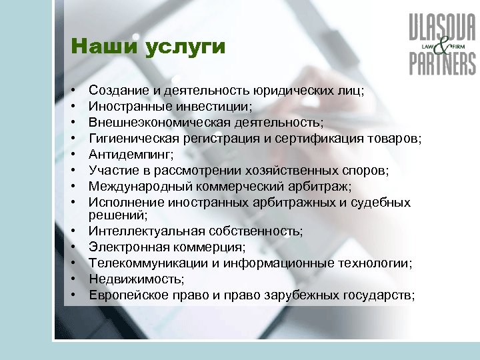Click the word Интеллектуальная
click(137, 231)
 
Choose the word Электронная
click(124, 247)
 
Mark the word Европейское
click(125, 295)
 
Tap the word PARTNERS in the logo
click(443, 64)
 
